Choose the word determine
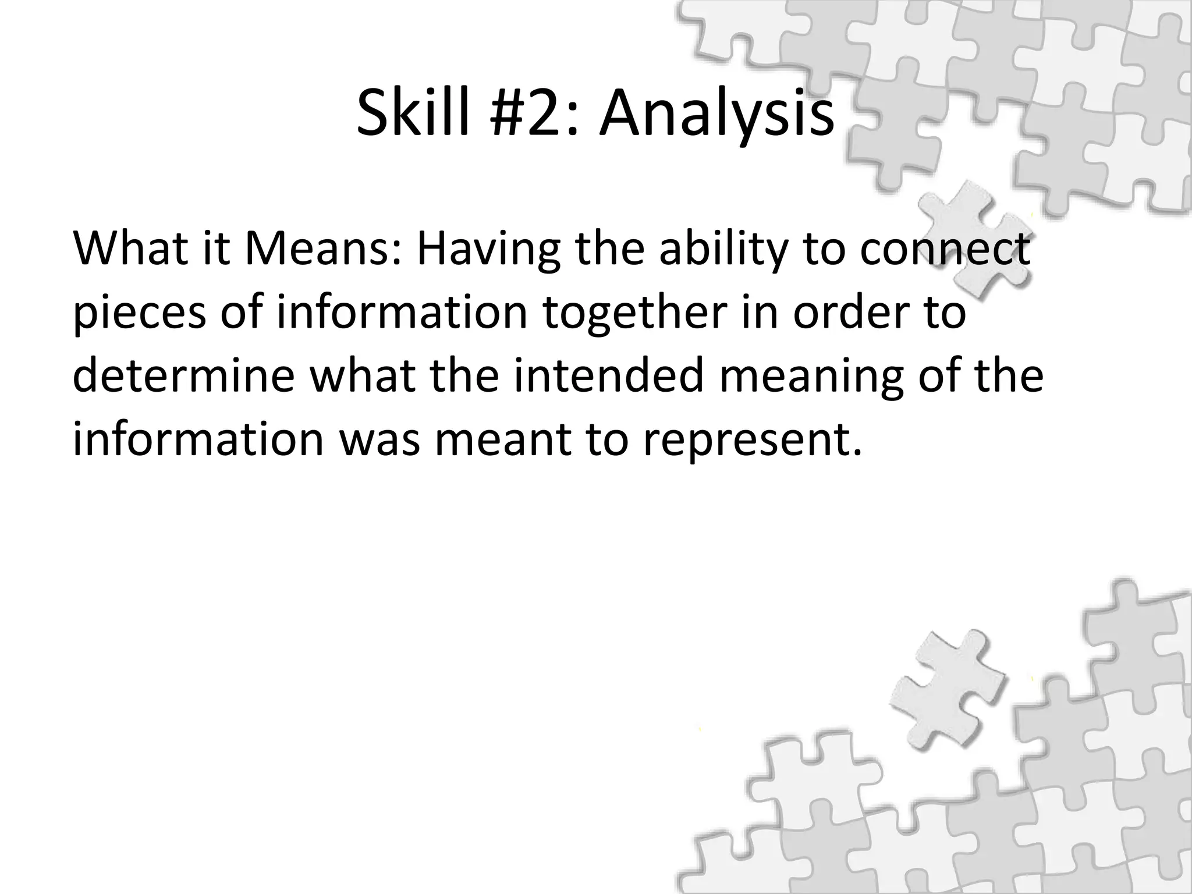point(184,376)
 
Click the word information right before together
point(402,312)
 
